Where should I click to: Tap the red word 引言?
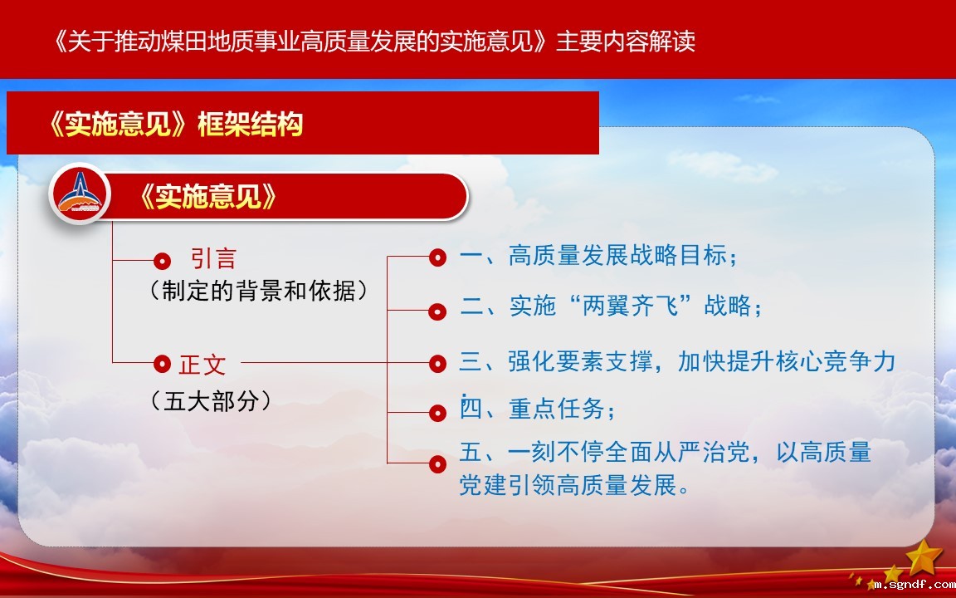212,259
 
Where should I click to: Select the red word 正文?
202,365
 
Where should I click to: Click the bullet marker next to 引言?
162,261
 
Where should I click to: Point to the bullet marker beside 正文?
162,364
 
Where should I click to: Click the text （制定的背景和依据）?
259,291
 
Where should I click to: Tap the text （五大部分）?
210,401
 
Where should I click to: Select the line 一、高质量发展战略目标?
598,255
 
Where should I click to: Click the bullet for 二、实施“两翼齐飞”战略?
437,311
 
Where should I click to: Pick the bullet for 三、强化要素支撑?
437,364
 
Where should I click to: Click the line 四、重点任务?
537,409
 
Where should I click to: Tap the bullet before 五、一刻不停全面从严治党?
437,464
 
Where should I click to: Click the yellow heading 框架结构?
250,125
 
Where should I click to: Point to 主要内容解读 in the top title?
626,42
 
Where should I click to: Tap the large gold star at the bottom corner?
924,556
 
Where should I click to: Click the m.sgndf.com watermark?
914,585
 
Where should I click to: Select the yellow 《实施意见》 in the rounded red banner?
208,197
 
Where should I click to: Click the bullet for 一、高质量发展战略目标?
437,257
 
